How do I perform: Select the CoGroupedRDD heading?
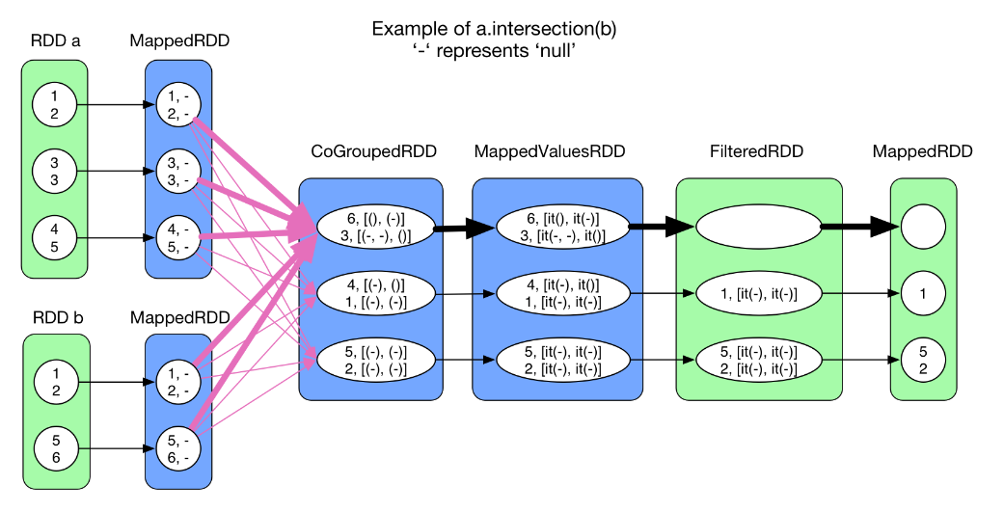(373, 151)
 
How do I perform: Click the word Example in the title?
(406, 29)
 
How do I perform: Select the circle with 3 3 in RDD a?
(54, 172)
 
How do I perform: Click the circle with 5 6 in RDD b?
(54, 446)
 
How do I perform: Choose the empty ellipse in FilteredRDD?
(756, 228)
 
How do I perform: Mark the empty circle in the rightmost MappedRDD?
(923, 228)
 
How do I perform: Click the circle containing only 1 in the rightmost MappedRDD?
(923, 293)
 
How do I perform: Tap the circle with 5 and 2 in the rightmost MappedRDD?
(923, 359)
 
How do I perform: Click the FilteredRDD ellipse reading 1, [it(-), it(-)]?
(756, 293)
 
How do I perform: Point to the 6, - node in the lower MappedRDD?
(178, 458)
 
